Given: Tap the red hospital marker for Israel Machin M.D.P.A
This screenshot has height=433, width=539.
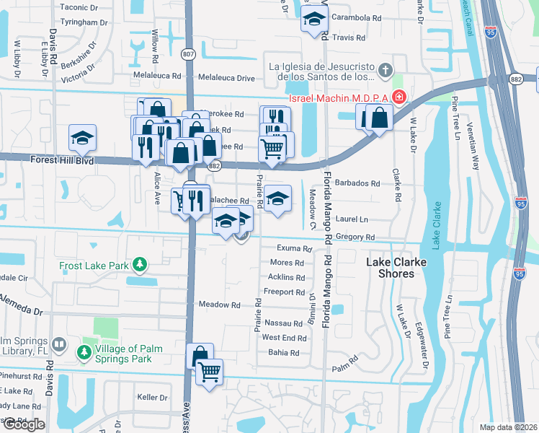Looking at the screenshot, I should (398, 97).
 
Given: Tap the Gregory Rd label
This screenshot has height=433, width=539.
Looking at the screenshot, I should (355, 237).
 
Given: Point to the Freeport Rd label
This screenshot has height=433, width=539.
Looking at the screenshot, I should (285, 292).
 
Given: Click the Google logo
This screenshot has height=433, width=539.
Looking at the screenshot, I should (24, 424).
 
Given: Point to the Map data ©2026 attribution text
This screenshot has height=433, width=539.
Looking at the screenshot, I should (508, 427).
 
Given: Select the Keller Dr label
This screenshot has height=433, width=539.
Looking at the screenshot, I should (152, 397).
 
